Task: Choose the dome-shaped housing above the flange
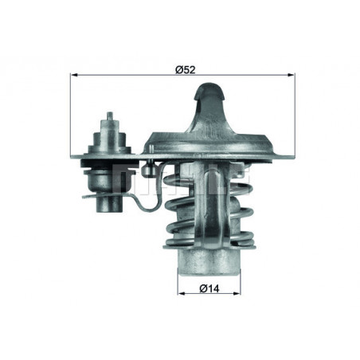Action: coord(209,127)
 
